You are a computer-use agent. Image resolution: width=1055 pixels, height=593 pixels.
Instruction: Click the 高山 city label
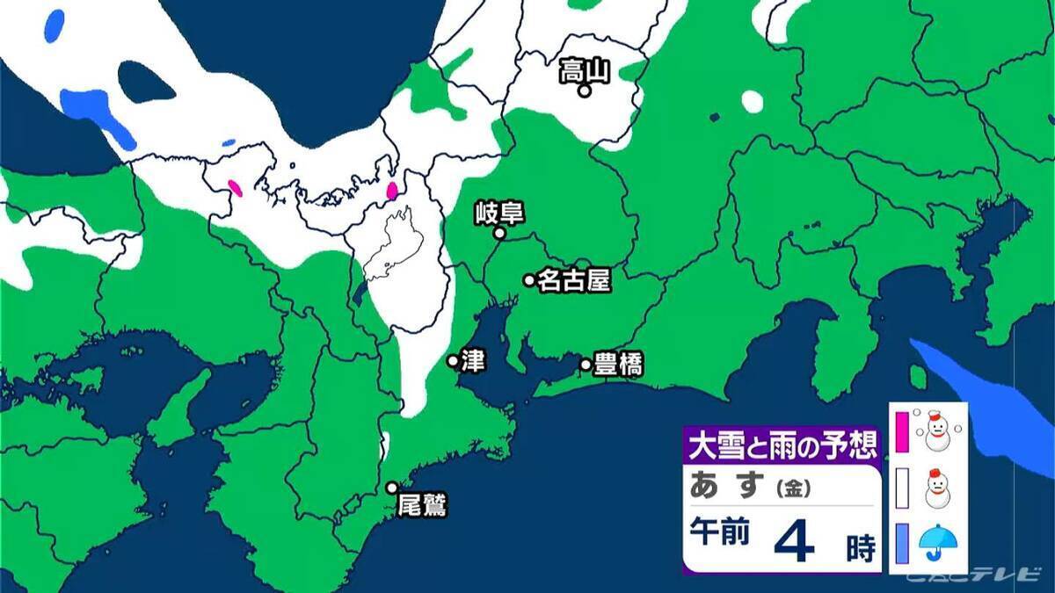[585, 69]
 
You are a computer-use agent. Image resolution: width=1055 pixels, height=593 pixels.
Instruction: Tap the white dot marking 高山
[584, 90]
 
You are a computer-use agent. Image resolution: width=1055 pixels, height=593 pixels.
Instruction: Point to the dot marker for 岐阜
[498, 234]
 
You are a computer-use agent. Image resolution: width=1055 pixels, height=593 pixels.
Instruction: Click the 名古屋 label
[574, 279]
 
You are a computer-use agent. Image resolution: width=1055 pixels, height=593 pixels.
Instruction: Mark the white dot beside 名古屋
[529, 280]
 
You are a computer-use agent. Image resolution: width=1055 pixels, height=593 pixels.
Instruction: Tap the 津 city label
[473, 361]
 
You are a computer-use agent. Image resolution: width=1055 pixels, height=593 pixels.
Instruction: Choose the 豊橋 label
[618, 364]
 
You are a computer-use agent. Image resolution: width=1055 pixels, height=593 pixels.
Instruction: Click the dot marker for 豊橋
[586, 364]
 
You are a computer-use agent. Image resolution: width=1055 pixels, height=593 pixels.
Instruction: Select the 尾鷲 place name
[423, 506]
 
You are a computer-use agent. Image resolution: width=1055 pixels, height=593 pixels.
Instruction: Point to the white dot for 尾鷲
[392, 488]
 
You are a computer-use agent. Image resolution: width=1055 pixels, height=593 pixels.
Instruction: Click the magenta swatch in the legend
[901, 430]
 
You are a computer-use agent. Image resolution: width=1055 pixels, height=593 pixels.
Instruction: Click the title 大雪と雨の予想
[782, 445]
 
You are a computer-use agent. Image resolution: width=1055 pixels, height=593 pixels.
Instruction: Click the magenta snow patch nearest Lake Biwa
[392, 190]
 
